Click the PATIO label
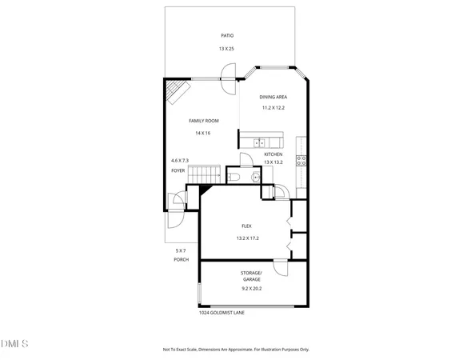[227, 35]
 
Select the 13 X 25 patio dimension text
[227, 50]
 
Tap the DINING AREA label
[273, 96]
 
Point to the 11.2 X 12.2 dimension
[273, 108]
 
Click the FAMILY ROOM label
[203, 121]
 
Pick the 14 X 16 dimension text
[202, 133]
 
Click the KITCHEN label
[273, 154]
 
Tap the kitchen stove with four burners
[301, 159]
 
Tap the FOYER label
[178, 170]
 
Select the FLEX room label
[247, 226]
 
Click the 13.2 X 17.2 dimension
[247, 238]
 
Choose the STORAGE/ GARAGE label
[251, 276]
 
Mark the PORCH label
[182, 261]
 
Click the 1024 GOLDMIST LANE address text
[222, 313]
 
